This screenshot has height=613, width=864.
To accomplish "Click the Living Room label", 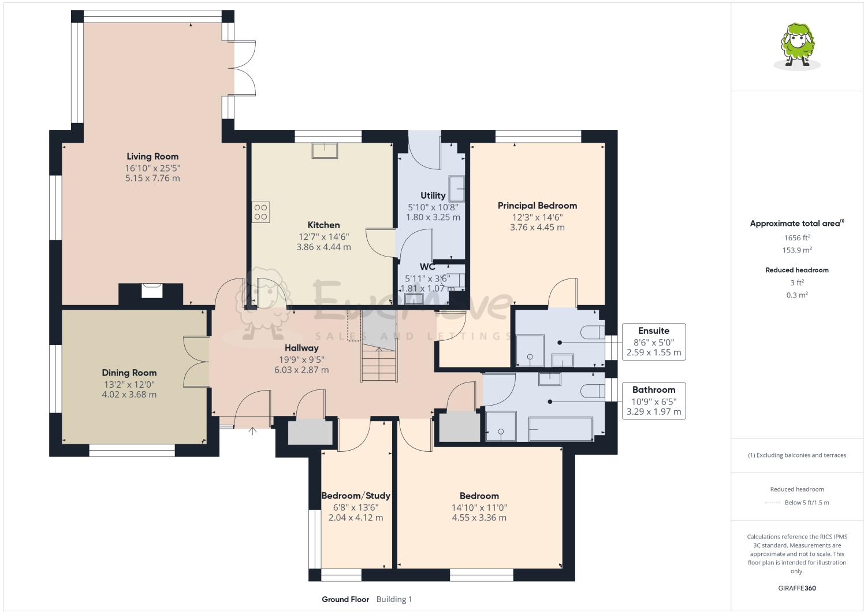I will coord(152,157).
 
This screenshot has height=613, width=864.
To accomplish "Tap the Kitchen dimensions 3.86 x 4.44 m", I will coord(323,247).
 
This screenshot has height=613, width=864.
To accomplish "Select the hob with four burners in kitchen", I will coord(260,212).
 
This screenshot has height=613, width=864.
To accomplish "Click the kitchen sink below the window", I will coord(325,150).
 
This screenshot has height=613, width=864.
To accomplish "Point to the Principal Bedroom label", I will coord(537,206).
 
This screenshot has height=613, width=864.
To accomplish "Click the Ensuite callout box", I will coord(653,341).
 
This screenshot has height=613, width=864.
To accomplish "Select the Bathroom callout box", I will coord(653,400).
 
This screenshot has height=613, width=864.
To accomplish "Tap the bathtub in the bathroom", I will coord(560,429).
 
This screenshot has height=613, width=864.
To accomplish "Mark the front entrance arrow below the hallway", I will coord(252,430).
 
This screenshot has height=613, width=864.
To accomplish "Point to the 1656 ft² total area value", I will coord(797,237).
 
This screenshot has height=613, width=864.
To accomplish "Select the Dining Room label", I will coord(129,373).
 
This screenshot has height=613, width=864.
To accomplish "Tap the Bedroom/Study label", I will coord(356,496).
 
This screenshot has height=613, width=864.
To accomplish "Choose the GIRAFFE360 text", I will coord(797,588).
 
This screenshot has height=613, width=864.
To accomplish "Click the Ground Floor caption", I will coord(345,599).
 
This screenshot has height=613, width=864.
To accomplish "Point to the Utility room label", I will coord(433,196).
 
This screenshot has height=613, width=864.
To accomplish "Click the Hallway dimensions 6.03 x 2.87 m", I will coord(301,370).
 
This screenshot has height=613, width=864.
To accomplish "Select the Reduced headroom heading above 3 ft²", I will coord(797,270).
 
